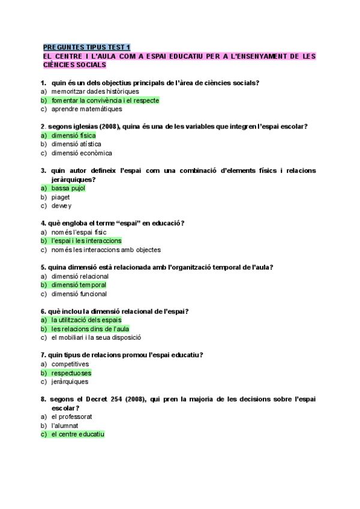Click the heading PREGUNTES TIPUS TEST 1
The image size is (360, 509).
(86, 47)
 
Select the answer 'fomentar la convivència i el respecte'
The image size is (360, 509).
(105, 100)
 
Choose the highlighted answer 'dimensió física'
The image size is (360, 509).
(73, 136)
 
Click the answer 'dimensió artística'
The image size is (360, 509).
(76, 144)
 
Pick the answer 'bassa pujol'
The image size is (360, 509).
(68, 188)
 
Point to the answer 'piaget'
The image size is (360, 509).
(61, 197)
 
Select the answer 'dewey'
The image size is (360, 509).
(61, 206)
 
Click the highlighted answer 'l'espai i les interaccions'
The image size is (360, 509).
(86, 241)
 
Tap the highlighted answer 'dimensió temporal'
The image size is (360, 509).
(79, 285)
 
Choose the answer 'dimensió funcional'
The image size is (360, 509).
(79, 294)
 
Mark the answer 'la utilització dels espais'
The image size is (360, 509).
(86, 320)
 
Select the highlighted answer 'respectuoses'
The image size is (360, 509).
(71, 373)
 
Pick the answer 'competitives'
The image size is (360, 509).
(70, 364)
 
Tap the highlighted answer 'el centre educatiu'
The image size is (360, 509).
(78, 434)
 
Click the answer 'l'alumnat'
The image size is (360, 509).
(65, 426)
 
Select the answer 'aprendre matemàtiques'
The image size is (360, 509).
(86, 109)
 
